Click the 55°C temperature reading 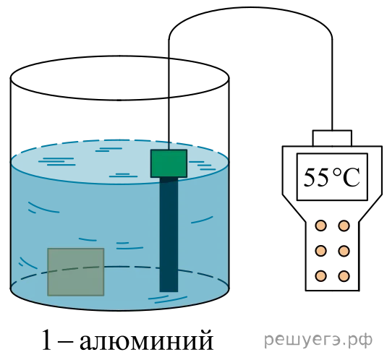(331, 177)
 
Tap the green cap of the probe (169, 163)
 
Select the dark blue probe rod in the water (169, 234)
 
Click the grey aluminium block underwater (76, 272)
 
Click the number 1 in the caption (47, 340)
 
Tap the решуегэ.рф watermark (318, 340)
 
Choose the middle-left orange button (321, 251)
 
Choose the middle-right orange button (344, 251)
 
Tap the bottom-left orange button (321, 275)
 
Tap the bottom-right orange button (344, 275)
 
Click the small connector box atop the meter (332, 138)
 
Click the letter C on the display (352, 178)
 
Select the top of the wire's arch (250, 7)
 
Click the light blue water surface (120, 162)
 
